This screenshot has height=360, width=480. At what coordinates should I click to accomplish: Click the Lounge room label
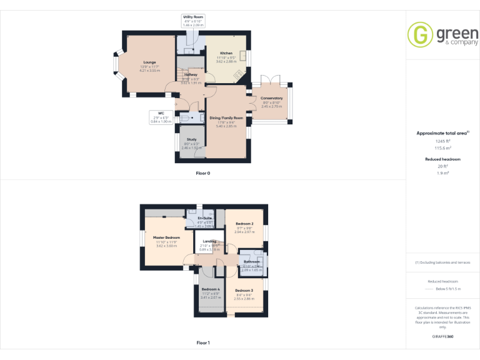[x=149, y=62]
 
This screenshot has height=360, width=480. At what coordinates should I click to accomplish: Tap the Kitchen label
[x=226, y=53]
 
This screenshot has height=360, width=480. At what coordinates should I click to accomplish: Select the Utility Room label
[x=193, y=17]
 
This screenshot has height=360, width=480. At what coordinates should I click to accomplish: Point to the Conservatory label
[x=272, y=98]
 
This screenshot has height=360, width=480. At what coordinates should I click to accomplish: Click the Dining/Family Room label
[x=226, y=117]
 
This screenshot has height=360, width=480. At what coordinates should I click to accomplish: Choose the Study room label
[x=191, y=139]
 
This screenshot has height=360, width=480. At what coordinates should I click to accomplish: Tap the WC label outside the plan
[x=161, y=113]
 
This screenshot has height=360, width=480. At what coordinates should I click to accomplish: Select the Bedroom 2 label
[x=244, y=223]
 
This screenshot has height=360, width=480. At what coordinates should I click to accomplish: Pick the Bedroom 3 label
[x=244, y=291]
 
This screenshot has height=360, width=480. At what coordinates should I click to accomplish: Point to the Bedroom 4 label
[x=210, y=289]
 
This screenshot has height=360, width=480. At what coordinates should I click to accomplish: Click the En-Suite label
[x=204, y=218]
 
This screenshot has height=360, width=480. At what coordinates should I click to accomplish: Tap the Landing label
[x=209, y=241]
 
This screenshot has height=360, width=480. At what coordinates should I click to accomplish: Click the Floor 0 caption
[x=203, y=172]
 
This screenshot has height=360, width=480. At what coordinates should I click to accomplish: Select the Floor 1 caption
[x=203, y=342]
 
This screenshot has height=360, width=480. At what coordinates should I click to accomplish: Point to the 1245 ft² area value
[x=442, y=141]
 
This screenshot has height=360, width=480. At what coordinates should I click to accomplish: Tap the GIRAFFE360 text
[x=442, y=337]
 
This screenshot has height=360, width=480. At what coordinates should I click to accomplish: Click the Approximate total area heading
[x=441, y=133]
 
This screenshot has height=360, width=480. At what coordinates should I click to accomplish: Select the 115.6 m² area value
[x=442, y=147]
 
